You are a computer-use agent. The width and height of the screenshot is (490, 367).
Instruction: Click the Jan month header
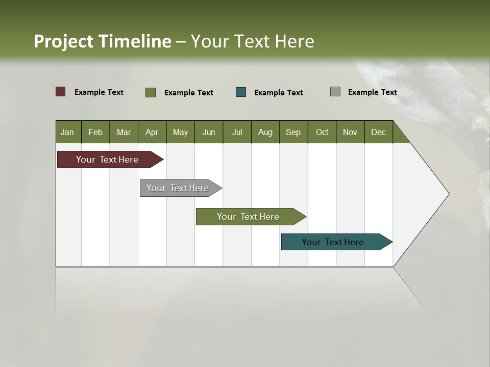click(x=68, y=132)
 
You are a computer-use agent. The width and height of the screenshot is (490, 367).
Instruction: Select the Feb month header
click(x=95, y=132)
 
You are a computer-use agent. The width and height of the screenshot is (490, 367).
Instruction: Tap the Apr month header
click(x=152, y=132)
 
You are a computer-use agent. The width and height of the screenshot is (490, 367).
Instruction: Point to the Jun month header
click(x=209, y=132)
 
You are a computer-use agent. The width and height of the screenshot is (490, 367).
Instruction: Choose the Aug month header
click(x=265, y=132)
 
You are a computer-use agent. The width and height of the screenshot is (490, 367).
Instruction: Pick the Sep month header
click(x=293, y=132)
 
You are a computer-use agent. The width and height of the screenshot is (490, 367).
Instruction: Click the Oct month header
click(x=322, y=132)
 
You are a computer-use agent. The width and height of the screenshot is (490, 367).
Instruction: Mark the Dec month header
click(x=379, y=132)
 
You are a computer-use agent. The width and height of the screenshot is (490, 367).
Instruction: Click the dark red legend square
click(x=61, y=92)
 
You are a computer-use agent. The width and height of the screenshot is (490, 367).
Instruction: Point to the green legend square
click(x=151, y=92)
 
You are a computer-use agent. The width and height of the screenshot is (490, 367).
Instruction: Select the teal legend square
click(x=241, y=92)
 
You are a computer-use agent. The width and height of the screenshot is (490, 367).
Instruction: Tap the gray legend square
click(x=335, y=92)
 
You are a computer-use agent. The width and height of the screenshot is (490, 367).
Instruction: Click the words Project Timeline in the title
click(x=103, y=41)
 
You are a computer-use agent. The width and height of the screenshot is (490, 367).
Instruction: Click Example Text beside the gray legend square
click(x=373, y=92)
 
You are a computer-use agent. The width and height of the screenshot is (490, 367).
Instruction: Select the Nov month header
click(x=350, y=132)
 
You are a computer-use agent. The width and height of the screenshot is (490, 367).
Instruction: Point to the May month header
click(x=180, y=132)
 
